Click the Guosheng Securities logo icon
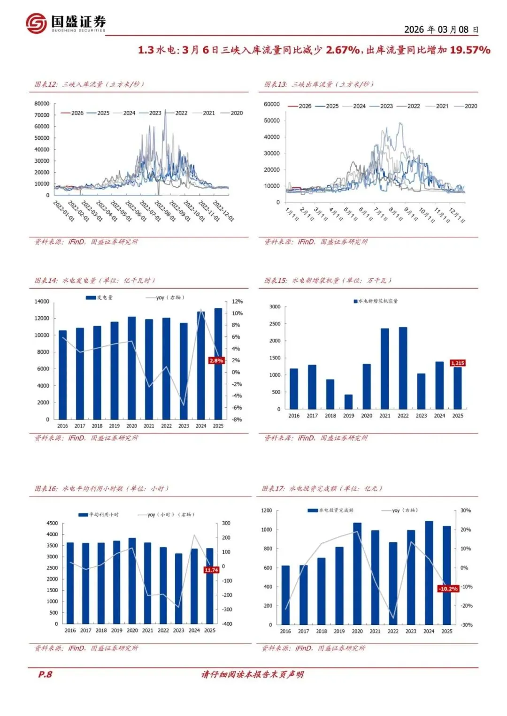point(36,23)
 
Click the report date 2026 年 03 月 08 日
point(441,30)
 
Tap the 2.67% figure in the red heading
point(343,50)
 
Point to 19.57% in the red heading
point(470,50)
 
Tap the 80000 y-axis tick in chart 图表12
point(42,104)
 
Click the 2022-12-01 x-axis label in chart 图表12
point(223,212)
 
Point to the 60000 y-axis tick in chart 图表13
point(272,104)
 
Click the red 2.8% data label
point(216,361)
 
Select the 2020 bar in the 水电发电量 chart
point(132,368)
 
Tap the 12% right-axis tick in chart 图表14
point(237,302)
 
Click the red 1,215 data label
point(457,363)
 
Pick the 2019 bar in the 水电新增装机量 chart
point(348,402)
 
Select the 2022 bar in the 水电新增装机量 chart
point(403,368)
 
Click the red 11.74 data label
point(211,570)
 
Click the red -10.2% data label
point(448,589)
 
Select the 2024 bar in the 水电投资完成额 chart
point(429,572)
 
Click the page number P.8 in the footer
point(45,674)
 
